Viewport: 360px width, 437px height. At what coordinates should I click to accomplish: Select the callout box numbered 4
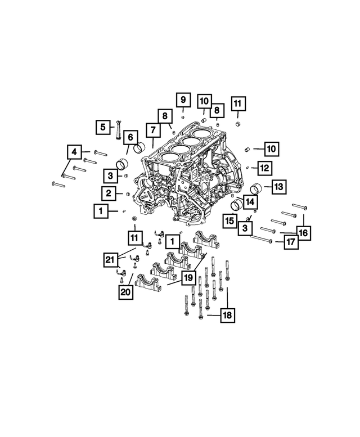[x=74, y=152]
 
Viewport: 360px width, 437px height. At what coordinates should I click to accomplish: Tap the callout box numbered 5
[x=102, y=128]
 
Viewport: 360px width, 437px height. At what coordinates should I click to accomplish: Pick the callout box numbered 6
[x=130, y=137]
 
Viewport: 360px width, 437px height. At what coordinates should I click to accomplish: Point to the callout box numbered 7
[x=152, y=130]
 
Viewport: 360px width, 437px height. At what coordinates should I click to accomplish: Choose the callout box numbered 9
[x=182, y=100]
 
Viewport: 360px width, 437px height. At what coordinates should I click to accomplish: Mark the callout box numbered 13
[x=280, y=186]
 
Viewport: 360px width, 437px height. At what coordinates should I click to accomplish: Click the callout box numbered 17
[x=290, y=242]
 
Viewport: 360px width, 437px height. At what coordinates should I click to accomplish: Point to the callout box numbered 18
[x=227, y=316]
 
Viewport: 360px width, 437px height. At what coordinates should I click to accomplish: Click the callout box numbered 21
[x=111, y=259]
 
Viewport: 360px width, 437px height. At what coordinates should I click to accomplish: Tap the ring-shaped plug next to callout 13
[x=255, y=188]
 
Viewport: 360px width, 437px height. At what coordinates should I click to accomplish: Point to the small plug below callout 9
[x=183, y=116]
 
